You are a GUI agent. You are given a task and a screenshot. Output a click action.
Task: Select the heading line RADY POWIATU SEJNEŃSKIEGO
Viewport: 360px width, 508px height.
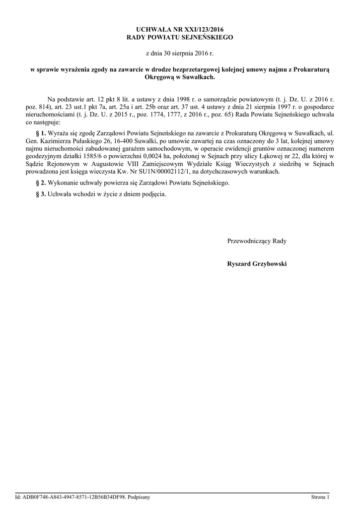(180, 37)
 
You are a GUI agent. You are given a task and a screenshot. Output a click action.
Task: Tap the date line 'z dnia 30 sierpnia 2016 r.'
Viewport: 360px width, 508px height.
(180, 53)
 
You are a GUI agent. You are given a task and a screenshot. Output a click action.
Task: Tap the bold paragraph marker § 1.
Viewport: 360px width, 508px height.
(41, 133)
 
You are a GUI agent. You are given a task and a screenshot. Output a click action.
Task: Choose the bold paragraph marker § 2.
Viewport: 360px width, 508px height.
(41, 183)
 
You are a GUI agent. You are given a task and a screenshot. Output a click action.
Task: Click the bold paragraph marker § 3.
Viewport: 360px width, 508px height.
(41, 194)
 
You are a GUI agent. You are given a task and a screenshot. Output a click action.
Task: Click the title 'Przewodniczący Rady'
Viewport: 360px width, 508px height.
(256, 241)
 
